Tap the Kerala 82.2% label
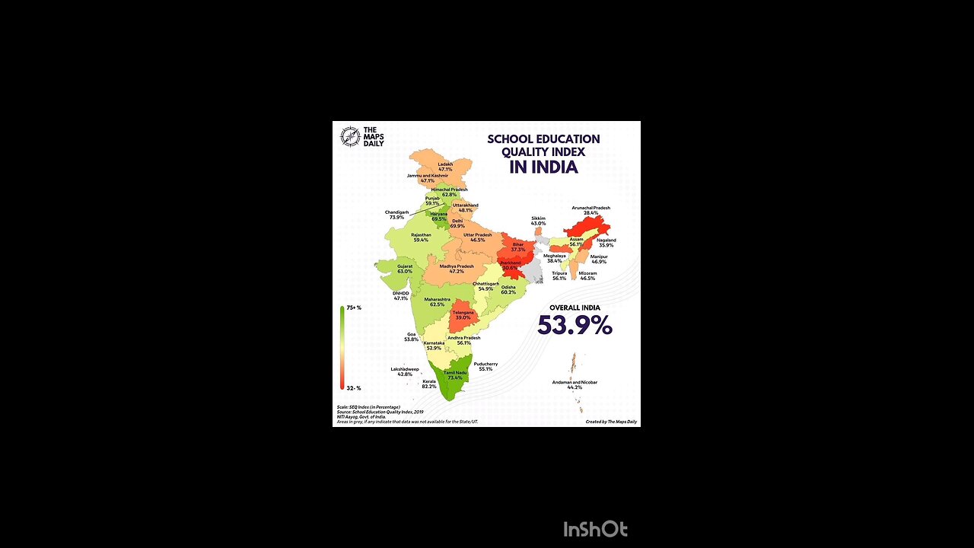point(429,384)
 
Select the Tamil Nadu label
point(454,374)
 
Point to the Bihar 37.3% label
point(518,247)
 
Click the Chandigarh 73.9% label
point(396,215)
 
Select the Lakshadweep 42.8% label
point(405,371)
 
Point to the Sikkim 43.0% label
point(538,221)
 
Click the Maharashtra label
point(437,301)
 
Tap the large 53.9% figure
point(575,326)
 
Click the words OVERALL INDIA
point(575,307)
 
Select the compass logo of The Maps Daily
point(350,136)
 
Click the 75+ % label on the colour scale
point(354,307)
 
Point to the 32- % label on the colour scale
point(354,388)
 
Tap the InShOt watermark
point(595,529)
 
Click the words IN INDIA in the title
point(543,167)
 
